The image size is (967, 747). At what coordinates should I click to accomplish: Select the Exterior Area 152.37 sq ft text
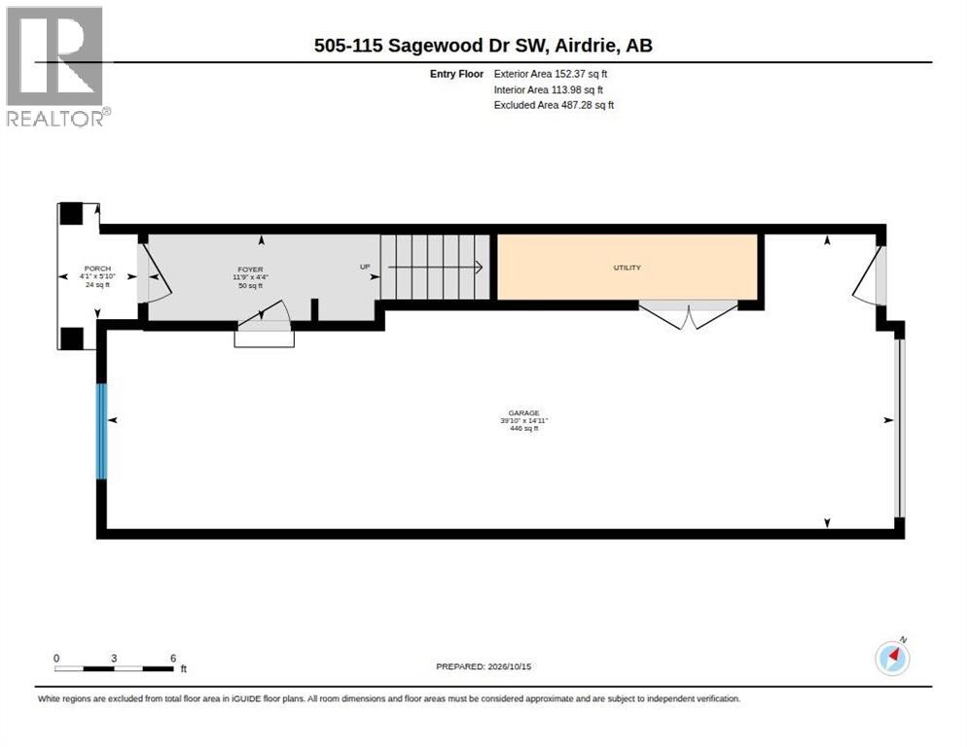pos(550,74)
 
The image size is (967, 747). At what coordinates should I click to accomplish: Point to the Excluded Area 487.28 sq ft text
pos(554,105)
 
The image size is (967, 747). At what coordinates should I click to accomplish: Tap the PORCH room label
pos(97,268)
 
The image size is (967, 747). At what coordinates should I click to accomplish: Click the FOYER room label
pos(250,269)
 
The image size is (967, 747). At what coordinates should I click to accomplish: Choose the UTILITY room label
pos(627,267)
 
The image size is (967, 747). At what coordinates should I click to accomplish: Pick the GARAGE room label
pos(524,413)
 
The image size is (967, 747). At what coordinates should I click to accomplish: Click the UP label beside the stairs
pos(365,267)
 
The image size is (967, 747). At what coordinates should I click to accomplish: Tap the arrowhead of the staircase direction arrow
pos(480,267)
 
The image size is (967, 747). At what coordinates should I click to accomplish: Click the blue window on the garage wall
pos(102,431)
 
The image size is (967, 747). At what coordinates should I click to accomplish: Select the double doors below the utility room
pos(688,314)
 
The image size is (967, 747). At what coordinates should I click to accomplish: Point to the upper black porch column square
pos(71,213)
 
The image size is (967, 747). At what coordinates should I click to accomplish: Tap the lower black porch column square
pos(71,338)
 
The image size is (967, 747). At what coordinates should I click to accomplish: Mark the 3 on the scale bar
pos(114,658)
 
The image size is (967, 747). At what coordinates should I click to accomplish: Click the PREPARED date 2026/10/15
pos(510,667)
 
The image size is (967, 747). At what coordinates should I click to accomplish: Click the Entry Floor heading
pos(456,74)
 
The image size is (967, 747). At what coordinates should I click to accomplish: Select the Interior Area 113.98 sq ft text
pos(549,90)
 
